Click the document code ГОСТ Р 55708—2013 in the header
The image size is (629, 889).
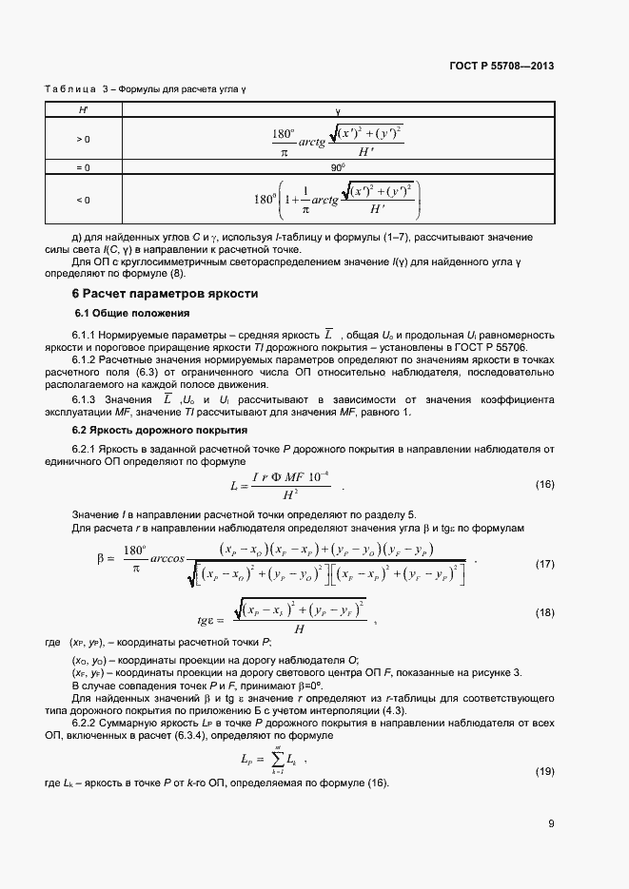tap(501, 66)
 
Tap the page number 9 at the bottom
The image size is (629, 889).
tap(551, 823)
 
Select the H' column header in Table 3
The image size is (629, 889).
tap(83, 110)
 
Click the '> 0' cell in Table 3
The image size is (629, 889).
tap(83, 139)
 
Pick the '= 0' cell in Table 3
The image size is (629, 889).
tap(83, 167)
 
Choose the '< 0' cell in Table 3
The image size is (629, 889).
tap(83, 200)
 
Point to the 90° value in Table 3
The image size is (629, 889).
tap(337, 167)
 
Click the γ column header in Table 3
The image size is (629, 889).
tap(337, 110)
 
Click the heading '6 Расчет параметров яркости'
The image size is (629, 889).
tap(166, 294)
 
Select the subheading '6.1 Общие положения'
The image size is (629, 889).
tap(132, 313)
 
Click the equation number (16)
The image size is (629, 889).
tap(544, 485)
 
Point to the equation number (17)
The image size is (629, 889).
tap(544, 565)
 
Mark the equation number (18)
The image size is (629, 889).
tap(544, 612)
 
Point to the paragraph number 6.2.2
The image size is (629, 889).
tap(87, 723)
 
